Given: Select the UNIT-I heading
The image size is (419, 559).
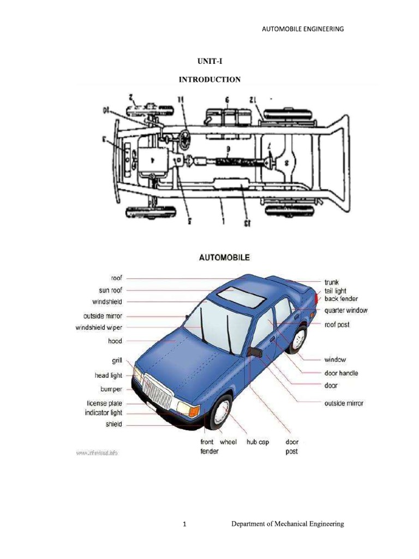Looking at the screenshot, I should coord(209,62).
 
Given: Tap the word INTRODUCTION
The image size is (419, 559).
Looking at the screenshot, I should coord(209,80).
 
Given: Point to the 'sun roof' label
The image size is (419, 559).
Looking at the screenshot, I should coord(111,290).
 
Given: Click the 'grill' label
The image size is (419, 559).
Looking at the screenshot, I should coord(117,360).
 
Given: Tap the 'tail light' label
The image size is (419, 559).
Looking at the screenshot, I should coord(336,291).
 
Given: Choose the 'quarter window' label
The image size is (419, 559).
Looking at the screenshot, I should coord(346,311).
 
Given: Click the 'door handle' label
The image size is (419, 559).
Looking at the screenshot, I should coord(341,373).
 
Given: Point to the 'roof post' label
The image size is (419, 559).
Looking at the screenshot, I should coord(337,325).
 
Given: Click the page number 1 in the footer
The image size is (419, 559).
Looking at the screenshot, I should coord(185,525).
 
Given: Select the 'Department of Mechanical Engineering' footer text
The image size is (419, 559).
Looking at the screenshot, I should coord(288,524).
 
